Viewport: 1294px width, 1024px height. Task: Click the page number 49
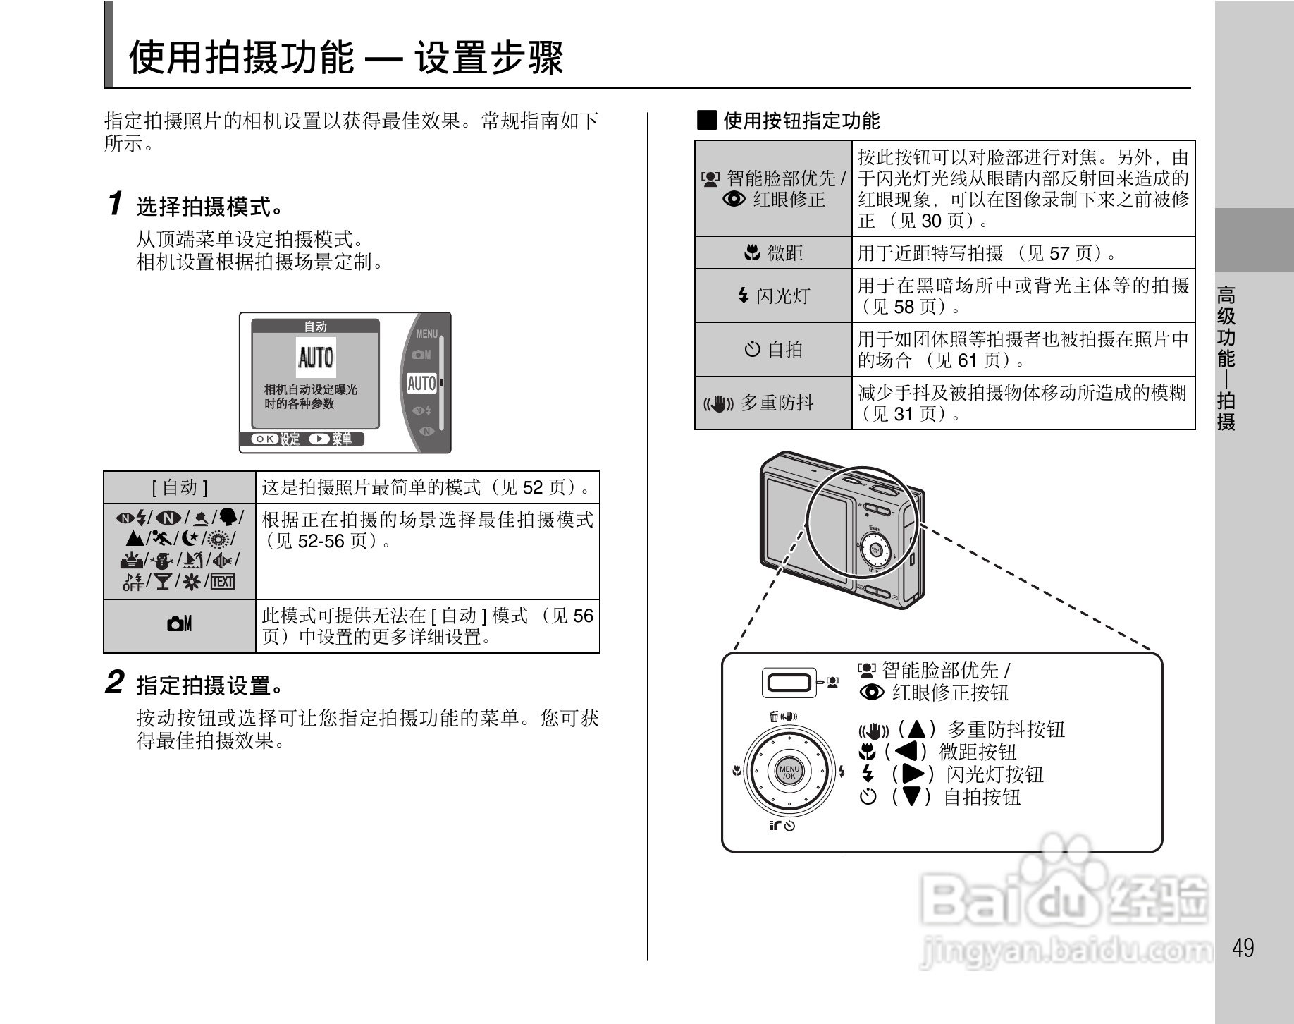1243,947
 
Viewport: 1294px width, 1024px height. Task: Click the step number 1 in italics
116,204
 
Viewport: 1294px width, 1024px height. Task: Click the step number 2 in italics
115,683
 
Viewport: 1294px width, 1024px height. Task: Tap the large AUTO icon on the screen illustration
316,358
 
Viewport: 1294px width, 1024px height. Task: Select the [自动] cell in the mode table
180,487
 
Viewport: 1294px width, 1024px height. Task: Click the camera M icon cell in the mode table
180,624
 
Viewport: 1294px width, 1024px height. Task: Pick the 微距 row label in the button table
774,252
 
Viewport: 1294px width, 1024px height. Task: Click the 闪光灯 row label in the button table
774,295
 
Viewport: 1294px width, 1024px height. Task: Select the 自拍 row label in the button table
774,349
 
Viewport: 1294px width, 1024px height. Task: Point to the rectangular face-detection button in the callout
789,683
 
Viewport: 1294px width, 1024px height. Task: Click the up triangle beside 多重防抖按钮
916,729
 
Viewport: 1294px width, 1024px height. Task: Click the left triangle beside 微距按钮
907,751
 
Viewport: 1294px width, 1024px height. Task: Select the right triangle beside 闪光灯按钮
913,774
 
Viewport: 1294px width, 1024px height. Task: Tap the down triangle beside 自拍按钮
912,797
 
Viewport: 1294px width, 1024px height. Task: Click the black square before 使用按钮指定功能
706,120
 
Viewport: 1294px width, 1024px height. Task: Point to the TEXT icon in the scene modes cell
223,581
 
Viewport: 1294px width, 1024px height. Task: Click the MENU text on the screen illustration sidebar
427,334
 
